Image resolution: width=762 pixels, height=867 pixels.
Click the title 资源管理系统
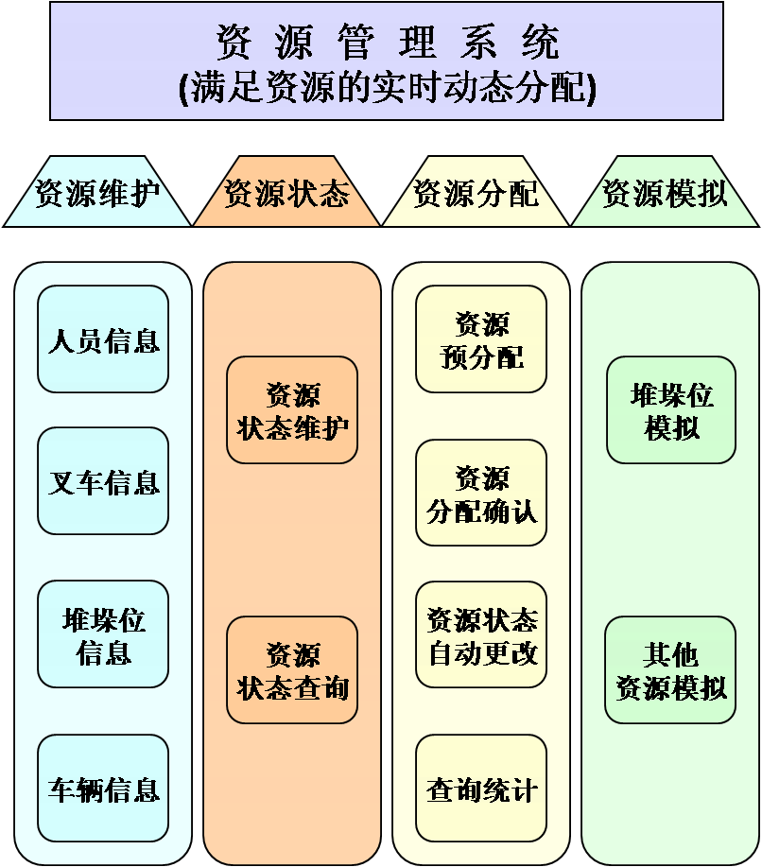coord(388,42)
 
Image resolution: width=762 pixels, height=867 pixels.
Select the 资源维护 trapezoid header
coord(97,193)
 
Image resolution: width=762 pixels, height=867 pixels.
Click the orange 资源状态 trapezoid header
coord(286,193)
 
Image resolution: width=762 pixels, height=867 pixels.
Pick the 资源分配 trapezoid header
coord(476,193)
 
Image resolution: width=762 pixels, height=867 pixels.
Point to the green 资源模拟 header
coord(665,193)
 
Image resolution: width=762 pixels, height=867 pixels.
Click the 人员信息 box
coord(103,339)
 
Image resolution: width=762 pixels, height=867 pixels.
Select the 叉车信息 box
coord(103,481)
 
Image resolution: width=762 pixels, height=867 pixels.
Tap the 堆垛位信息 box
coord(103,635)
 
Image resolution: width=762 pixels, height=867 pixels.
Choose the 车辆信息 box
coord(103,789)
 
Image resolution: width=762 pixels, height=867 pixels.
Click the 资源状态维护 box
coord(292,410)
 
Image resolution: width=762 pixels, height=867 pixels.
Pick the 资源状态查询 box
coord(292,670)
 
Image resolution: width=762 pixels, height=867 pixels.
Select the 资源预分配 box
coord(481,339)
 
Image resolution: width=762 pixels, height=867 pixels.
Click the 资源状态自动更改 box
coord(481,635)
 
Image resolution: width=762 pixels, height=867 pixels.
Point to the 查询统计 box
coord(481,789)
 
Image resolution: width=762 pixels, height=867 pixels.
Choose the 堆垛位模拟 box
coord(671,410)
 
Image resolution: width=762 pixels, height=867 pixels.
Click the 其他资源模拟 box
coord(670,670)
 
